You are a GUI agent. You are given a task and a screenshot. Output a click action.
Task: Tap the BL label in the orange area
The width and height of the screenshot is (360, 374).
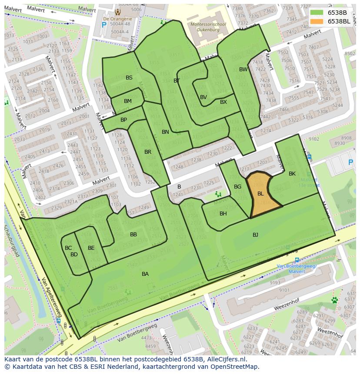[260, 194]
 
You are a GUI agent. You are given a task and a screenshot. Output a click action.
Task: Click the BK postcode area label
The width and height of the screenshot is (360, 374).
[292, 174]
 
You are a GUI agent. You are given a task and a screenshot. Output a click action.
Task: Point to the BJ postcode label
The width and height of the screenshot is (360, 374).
[255, 235]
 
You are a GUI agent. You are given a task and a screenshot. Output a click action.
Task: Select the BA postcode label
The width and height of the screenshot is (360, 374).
[145, 274]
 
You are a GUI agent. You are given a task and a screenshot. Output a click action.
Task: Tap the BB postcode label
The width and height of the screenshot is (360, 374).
[133, 235]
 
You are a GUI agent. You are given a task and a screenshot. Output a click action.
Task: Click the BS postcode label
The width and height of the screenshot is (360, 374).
[129, 78]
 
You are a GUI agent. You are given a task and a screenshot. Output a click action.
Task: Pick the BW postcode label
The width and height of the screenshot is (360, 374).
[243, 70]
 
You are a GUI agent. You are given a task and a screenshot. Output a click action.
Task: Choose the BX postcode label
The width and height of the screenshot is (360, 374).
[223, 102]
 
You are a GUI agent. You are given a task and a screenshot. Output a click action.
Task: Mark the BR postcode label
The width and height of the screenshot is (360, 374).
[148, 152]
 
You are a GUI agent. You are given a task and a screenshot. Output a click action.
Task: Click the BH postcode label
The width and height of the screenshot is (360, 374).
[223, 214]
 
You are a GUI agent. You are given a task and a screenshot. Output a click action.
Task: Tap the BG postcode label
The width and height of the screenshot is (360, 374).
[237, 187]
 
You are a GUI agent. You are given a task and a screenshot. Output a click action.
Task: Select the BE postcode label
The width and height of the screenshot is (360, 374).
[91, 248]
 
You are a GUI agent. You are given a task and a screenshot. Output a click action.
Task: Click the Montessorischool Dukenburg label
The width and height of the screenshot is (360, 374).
[208, 27]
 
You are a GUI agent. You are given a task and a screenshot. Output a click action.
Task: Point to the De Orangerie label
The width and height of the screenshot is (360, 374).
[117, 19]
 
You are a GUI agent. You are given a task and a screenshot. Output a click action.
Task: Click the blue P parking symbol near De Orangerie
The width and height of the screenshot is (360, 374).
[103, 25]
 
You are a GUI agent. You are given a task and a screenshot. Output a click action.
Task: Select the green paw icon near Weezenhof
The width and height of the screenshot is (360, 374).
[334, 300]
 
